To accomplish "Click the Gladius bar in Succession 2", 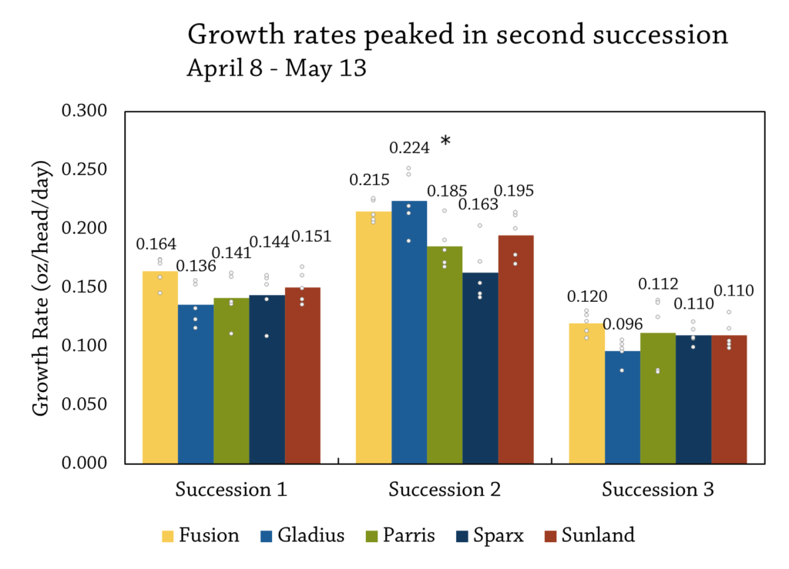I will (409, 331).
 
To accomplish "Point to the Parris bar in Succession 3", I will (657, 397).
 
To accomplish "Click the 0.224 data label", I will (409, 147).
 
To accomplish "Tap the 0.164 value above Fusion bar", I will (156, 244).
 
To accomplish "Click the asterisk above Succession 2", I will (445, 142).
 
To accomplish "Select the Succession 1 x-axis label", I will (231, 490).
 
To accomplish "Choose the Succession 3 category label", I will (658, 490).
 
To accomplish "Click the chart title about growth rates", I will (458, 35).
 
